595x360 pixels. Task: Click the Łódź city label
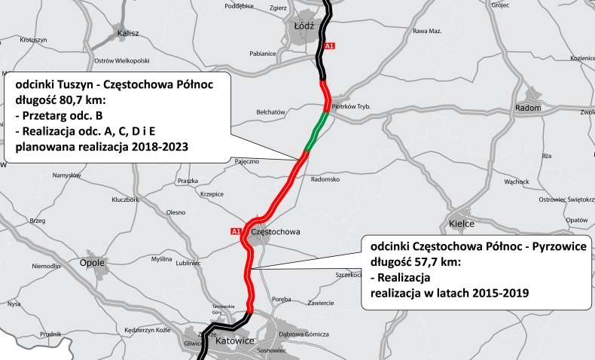click(x=303, y=25)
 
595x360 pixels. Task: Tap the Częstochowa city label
click(x=276, y=232)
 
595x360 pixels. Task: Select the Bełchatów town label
click(x=271, y=111)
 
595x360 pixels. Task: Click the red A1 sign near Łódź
click(x=329, y=47)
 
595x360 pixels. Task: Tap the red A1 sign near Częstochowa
click(x=236, y=230)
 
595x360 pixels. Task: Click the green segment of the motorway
click(x=316, y=131)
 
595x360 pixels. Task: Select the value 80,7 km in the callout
click(x=69, y=100)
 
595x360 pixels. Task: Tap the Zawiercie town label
click(x=320, y=303)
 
